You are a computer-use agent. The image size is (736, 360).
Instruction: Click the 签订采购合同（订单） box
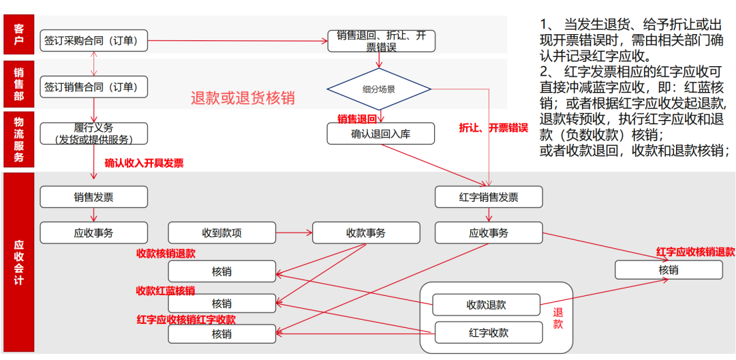coord(94,41)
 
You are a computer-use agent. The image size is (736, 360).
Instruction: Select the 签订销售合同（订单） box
coord(94,87)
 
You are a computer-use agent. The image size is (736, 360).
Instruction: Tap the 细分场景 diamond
coord(378,89)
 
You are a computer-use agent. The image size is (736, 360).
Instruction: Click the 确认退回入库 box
coord(380,134)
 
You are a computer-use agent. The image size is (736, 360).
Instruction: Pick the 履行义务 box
coord(94,134)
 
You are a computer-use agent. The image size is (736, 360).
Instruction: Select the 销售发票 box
coord(94,197)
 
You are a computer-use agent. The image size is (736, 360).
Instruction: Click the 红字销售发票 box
coord(489,197)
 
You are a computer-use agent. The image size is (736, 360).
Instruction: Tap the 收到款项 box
coord(221,233)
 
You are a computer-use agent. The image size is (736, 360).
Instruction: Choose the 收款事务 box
coord(366,233)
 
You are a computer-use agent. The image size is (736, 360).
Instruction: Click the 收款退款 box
coord(486,305)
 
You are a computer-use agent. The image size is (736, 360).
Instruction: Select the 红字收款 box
coord(489,333)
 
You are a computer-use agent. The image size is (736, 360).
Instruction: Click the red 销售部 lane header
coord(18,85)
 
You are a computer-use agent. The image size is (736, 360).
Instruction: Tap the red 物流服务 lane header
coord(18,140)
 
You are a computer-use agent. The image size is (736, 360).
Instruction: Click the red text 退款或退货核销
coord(243,97)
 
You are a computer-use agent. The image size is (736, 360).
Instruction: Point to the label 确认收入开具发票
coord(144,164)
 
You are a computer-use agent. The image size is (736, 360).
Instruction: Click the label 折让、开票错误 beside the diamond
coord(493,128)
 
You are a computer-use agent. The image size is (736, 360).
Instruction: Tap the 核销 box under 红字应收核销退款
coord(668,270)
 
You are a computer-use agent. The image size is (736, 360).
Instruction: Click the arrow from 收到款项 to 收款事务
coord(294,233)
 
